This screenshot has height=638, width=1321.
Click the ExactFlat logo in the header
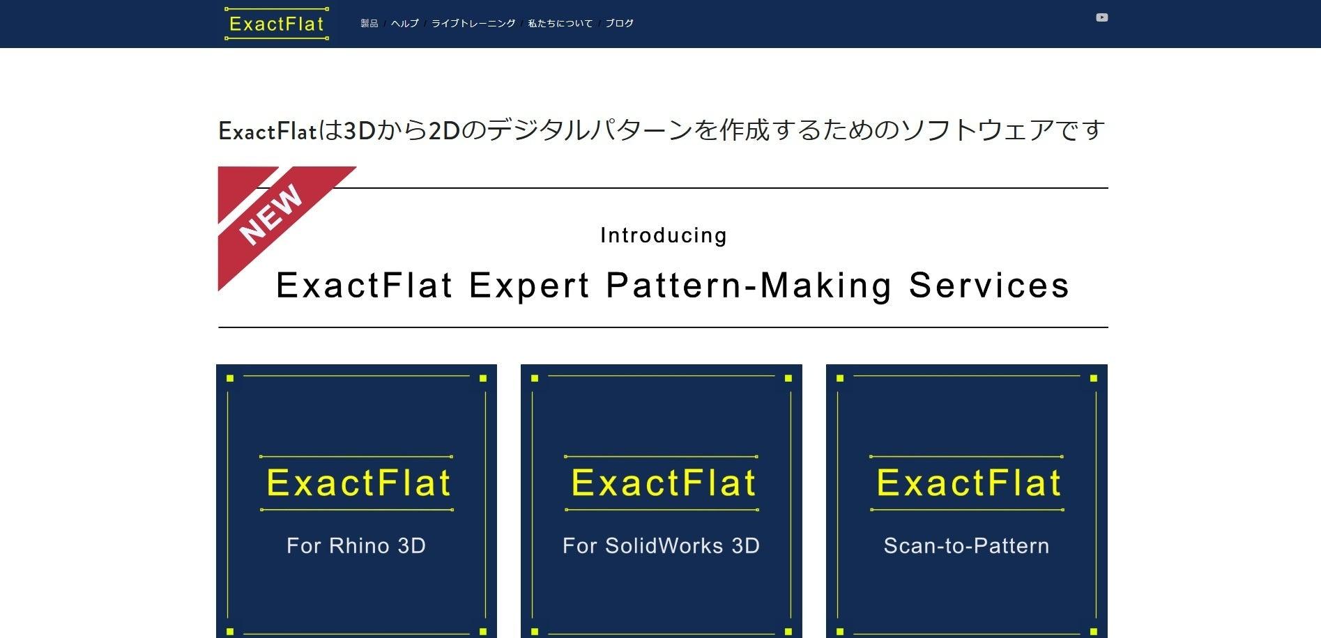pos(277,24)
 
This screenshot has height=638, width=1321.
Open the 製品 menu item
pos(369,24)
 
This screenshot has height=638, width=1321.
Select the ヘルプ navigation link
pos(405,24)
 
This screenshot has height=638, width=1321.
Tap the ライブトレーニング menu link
pos(473,24)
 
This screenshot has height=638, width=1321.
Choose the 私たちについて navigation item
pos(560,24)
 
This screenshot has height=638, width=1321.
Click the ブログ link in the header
pos(620,24)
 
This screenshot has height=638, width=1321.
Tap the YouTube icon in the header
pos(1102,17)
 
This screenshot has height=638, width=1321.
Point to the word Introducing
pos(664,235)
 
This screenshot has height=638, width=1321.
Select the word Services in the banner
pos(989,286)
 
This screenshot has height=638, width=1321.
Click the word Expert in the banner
pos(530,286)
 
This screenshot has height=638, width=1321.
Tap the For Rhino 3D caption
pos(356,545)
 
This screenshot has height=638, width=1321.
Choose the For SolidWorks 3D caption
pos(661,545)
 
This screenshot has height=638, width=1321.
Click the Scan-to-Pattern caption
pos(966,545)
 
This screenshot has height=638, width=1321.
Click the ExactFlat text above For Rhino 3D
pos(358,483)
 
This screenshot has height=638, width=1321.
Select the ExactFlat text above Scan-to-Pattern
pos(968,483)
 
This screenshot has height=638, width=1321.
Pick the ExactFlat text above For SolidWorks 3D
pos(664,483)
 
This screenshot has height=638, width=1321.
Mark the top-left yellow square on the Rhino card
pos(230,378)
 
